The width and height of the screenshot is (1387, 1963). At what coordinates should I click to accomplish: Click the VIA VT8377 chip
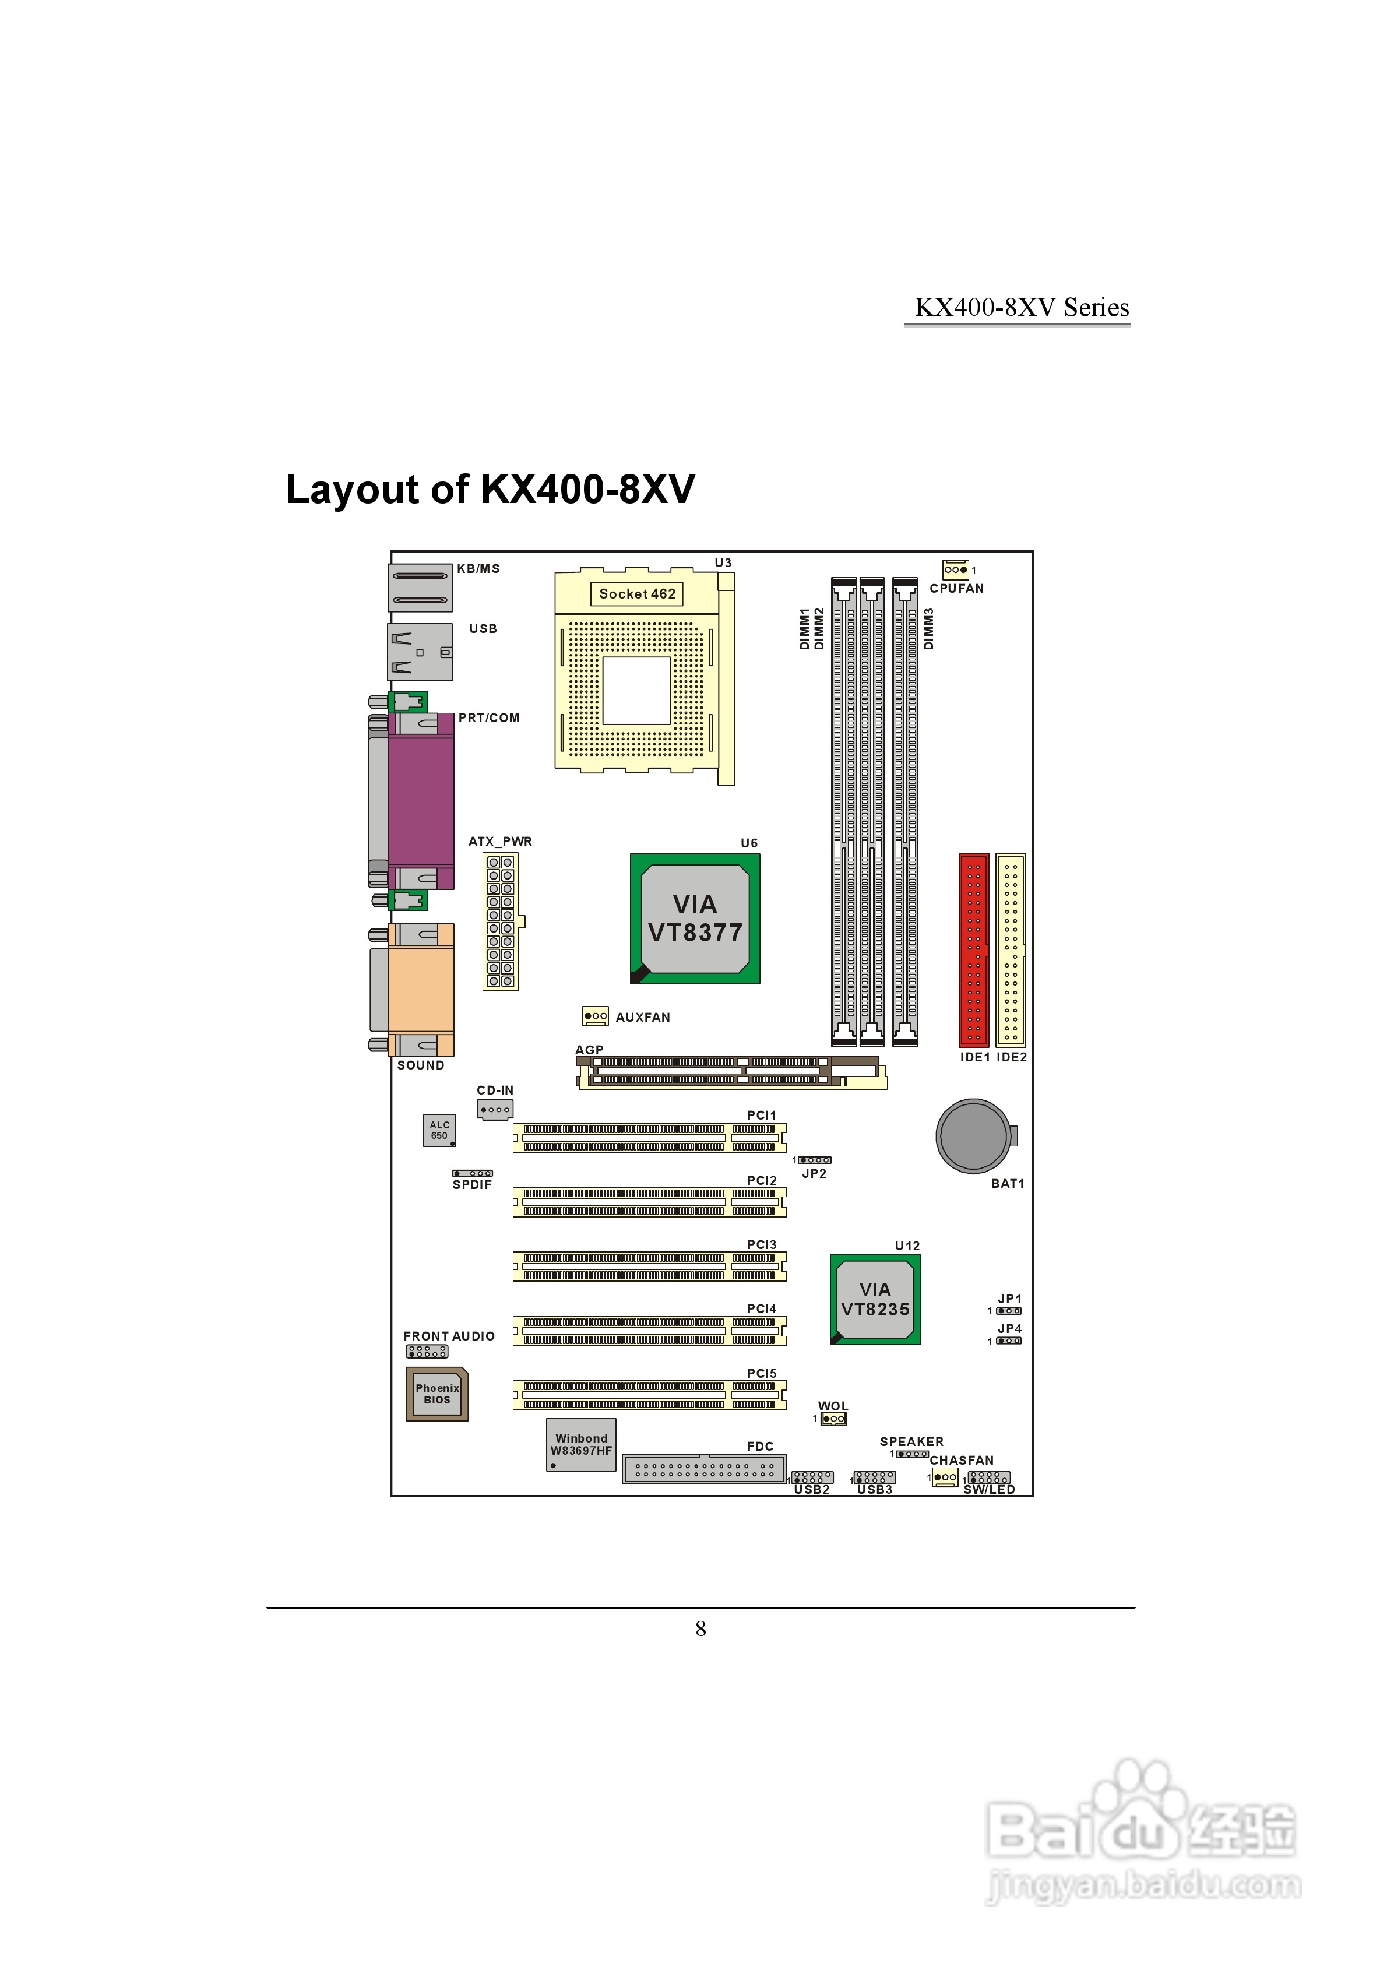pyautogui.click(x=694, y=918)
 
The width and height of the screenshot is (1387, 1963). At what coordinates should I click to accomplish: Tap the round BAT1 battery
pyautogui.click(x=973, y=1135)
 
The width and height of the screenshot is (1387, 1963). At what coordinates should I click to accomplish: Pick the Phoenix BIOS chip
pyautogui.click(x=437, y=1394)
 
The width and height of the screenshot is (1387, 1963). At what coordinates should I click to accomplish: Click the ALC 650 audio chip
pyautogui.click(x=439, y=1130)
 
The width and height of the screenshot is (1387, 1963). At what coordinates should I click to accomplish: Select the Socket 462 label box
pyautogui.click(x=637, y=593)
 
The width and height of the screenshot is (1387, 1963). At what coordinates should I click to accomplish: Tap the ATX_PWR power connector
pyautogui.click(x=500, y=921)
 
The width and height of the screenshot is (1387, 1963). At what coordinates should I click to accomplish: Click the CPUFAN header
pyautogui.click(x=955, y=569)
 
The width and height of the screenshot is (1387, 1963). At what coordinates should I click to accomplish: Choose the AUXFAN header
pyautogui.click(x=595, y=1016)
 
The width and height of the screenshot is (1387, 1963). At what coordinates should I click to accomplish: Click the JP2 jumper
pyautogui.click(x=814, y=1160)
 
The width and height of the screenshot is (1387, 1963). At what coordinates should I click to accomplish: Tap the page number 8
pyautogui.click(x=700, y=1628)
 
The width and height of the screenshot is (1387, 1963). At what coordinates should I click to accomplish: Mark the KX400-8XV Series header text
pyautogui.click(x=1021, y=308)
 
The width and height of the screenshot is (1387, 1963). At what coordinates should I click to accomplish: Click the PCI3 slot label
pyautogui.click(x=762, y=1245)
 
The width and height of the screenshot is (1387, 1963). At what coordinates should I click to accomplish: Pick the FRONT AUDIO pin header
pyautogui.click(x=427, y=1352)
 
